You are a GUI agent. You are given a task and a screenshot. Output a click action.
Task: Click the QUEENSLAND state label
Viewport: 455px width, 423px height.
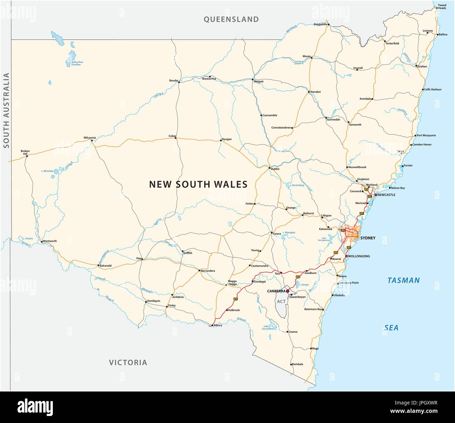[x=231, y=19]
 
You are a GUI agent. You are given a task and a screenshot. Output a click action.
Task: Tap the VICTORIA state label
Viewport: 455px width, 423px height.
[x=128, y=362]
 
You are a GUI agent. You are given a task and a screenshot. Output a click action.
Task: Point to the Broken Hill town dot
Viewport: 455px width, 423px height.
[x=27, y=156]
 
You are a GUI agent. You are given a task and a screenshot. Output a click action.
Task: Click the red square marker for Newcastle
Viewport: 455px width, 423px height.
[x=376, y=195]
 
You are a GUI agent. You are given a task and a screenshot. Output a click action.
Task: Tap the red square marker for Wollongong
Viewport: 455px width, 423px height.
[x=346, y=256]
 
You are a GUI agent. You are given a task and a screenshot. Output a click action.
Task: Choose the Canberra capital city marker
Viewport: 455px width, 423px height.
[x=288, y=291]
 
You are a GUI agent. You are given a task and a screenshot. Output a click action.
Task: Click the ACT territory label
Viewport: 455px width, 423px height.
[x=281, y=301]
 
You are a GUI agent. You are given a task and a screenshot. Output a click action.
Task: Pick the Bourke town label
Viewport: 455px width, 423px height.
[x=174, y=81]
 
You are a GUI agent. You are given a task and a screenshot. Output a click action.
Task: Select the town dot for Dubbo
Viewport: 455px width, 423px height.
[x=269, y=168]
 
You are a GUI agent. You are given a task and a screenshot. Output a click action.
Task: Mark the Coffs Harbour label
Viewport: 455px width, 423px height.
[x=433, y=89]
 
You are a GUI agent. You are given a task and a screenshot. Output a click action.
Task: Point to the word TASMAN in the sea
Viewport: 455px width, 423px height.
[x=403, y=280]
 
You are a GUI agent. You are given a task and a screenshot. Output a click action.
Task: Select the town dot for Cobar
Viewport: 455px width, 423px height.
[x=176, y=138]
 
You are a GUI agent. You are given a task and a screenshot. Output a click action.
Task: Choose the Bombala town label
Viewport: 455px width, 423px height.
[x=297, y=365]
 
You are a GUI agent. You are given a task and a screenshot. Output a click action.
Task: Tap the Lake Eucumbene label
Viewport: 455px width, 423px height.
[x=268, y=328]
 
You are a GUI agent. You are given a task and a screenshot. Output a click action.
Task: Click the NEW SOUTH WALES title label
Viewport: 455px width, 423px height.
[x=198, y=184]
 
